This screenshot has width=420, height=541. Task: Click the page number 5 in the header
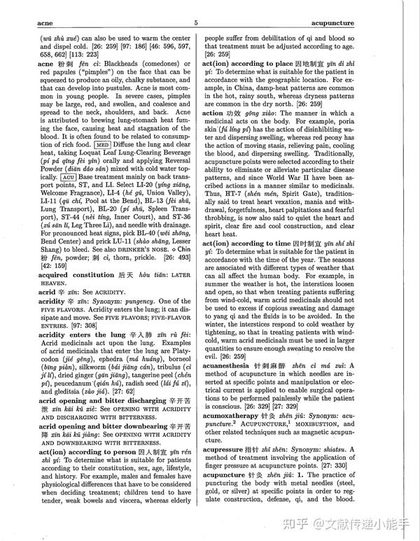tap(196, 22)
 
